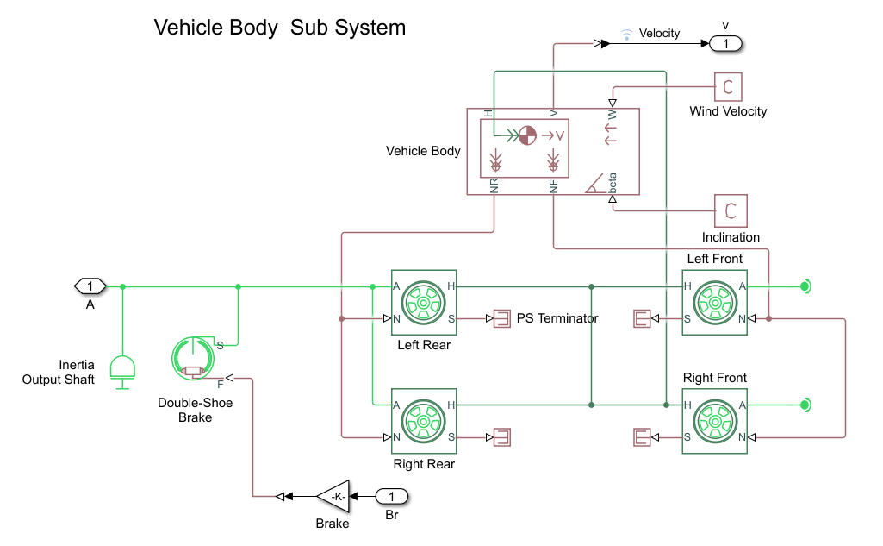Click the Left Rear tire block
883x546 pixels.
point(424,302)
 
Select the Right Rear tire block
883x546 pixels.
point(424,421)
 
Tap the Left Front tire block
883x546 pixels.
point(714,302)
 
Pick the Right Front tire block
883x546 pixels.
point(714,421)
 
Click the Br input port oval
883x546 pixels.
point(392,496)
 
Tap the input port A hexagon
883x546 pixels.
point(90,286)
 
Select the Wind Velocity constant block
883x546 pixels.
point(728,87)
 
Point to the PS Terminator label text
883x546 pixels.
point(557,318)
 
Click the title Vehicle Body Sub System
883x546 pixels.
point(279,28)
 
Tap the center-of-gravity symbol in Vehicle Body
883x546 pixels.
point(526,135)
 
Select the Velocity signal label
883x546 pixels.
point(659,34)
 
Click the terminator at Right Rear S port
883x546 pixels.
point(500,437)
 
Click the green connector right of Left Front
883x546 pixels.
point(805,286)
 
